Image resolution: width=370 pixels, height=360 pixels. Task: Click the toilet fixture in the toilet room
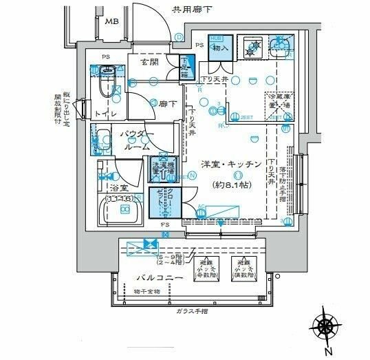[105, 81]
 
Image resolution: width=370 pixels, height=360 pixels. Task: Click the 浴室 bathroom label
[119, 187]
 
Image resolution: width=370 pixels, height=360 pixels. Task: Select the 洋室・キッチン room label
[230, 165]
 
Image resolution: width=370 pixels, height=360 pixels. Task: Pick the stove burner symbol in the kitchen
[251, 47]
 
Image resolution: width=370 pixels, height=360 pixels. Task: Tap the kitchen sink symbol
[282, 47]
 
